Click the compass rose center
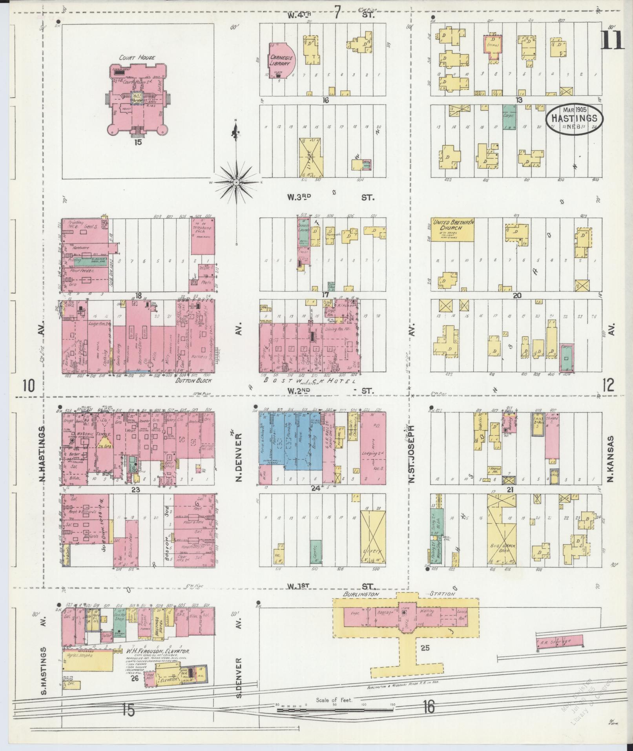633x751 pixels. (237, 183)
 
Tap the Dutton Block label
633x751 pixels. (193, 380)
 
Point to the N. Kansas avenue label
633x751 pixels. (611, 459)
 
